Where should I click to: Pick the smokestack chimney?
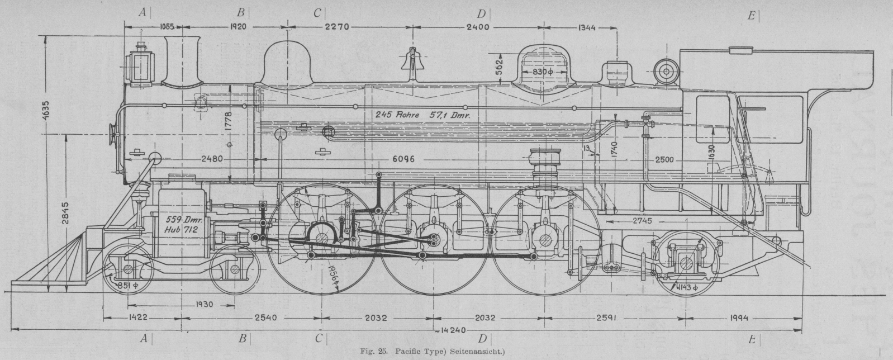(x=183, y=60)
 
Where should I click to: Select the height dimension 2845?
(x=66, y=212)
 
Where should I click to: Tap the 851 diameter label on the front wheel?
(x=127, y=287)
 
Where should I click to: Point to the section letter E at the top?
(x=752, y=15)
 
